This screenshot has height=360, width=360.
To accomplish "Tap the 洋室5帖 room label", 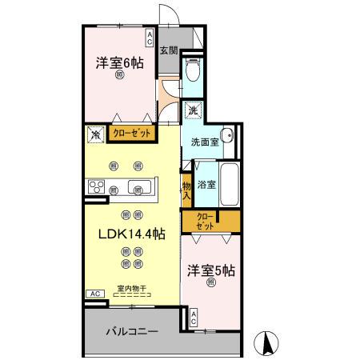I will pyautogui.click(x=211, y=270).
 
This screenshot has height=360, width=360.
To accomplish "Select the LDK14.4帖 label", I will pyautogui.click(x=132, y=234).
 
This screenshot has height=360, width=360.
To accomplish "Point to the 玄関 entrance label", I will pyautogui.click(x=168, y=50).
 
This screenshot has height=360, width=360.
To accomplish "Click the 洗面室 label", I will pyautogui.click(x=204, y=142).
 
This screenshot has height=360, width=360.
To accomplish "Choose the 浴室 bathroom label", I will pyautogui.click(x=206, y=183).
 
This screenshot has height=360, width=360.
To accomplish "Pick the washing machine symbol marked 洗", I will pyautogui.click(x=193, y=110).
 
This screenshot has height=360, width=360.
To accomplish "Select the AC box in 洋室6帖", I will pyautogui.click(x=149, y=36).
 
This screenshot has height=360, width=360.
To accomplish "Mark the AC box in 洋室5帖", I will pyautogui.click(x=193, y=318).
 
